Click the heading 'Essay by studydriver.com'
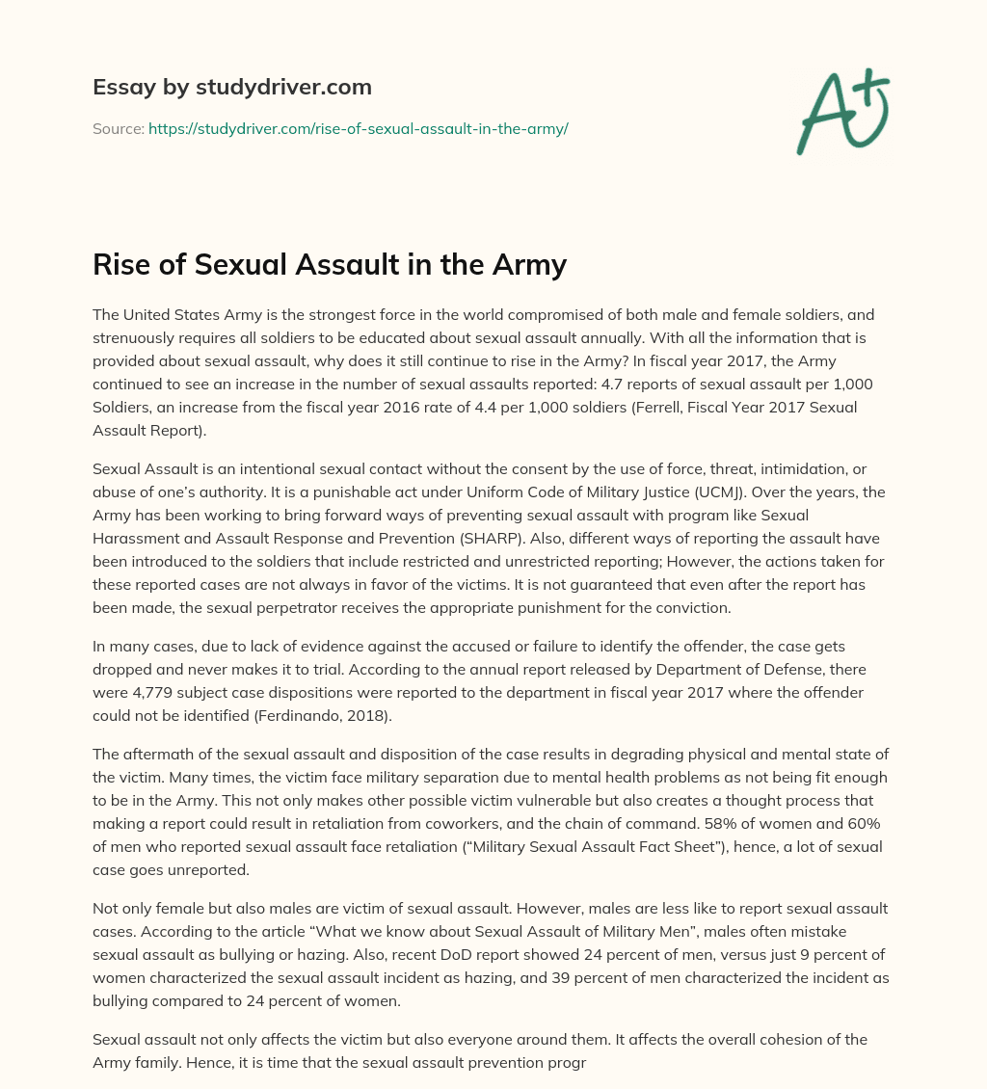pos(231,88)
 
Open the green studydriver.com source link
pos(358,128)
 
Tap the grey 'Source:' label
pos(119,128)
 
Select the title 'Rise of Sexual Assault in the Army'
pos(329,264)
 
